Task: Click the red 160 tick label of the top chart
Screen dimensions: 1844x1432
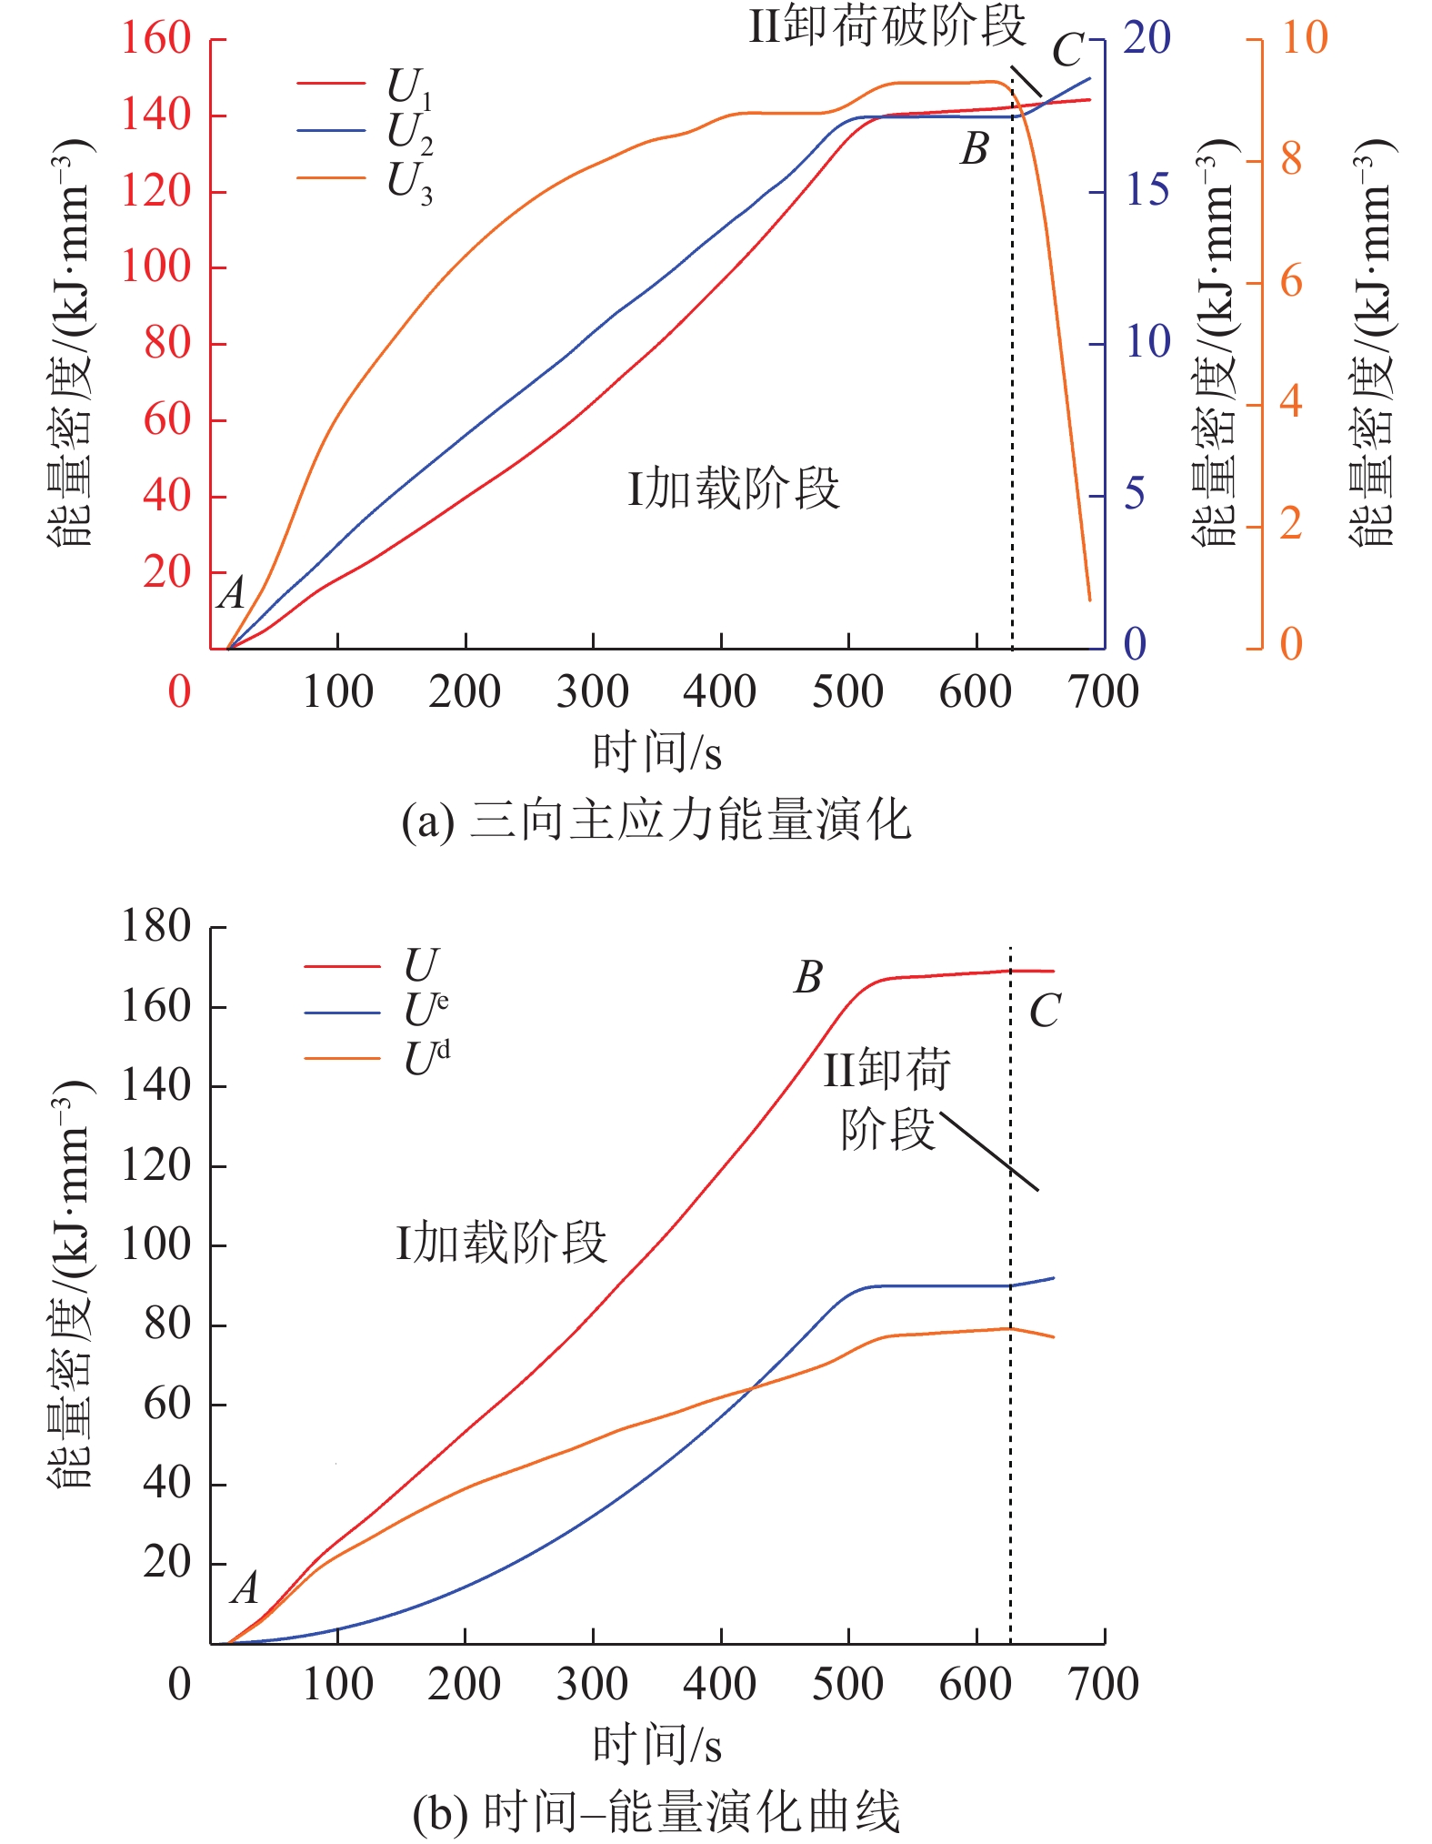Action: tap(156, 39)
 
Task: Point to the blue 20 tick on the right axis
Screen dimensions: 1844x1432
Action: tap(1146, 39)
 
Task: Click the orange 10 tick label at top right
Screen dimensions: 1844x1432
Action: tap(1304, 39)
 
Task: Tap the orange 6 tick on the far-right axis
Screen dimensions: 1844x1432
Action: tap(1291, 282)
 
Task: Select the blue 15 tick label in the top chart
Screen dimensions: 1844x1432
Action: tap(1146, 191)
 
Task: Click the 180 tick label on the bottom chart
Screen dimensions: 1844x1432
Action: tap(156, 927)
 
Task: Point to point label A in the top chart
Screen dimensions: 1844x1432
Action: tap(233, 594)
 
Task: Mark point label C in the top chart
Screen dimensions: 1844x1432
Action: tap(1068, 51)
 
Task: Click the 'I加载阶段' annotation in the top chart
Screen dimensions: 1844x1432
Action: tap(733, 489)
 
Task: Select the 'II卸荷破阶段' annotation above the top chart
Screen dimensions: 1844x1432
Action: tap(886, 25)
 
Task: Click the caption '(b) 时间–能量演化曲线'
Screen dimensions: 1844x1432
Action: tap(656, 1811)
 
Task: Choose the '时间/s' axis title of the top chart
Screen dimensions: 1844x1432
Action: tap(656, 753)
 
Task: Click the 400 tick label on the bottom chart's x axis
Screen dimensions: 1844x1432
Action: tap(719, 1685)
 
